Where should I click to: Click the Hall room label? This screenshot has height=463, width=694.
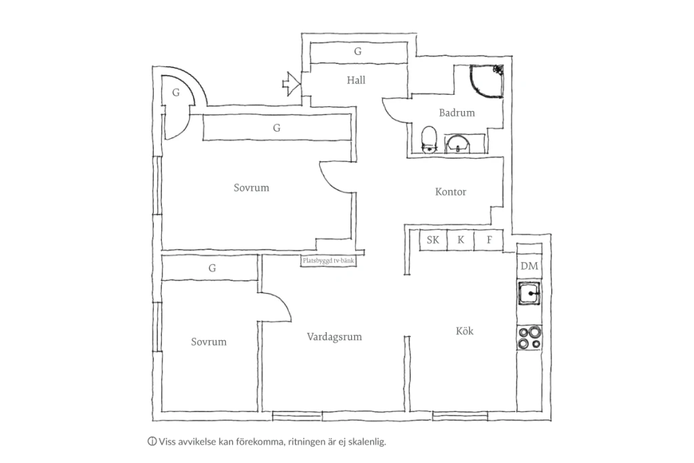(x=356, y=80)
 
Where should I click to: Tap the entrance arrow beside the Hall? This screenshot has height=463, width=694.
(x=291, y=83)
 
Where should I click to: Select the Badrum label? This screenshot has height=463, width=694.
(x=457, y=113)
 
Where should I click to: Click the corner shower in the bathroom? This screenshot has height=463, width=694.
(x=487, y=81)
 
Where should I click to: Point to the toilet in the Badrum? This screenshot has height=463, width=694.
(x=429, y=140)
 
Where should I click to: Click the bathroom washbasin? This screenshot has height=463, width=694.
(x=458, y=144)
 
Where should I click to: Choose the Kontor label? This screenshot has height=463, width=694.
(x=451, y=192)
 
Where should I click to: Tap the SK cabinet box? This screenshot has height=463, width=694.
(x=433, y=240)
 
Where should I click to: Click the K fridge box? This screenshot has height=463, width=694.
(x=461, y=240)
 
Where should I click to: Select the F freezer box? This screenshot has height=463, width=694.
(x=489, y=240)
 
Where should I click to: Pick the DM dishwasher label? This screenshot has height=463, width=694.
(x=529, y=266)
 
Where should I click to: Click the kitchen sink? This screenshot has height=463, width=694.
(x=529, y=293)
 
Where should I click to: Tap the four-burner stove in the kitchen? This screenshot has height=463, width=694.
(x=530, y=338)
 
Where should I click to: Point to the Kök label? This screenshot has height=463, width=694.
(x=465, y=331)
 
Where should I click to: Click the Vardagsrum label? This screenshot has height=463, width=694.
(x=334, y=337)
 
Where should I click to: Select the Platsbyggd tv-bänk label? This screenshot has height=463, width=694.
(x=329, y=261)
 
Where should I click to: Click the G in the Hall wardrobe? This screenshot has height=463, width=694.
(x=358, y=52)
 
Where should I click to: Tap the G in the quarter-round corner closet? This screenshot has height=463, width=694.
(x=176, y=92)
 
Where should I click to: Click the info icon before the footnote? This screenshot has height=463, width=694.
(x=152, y=441)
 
